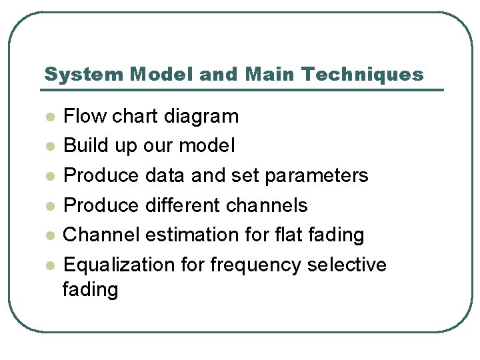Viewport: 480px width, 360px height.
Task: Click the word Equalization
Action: [x=120, y=265]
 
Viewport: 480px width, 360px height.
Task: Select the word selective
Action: [x=347, y=265]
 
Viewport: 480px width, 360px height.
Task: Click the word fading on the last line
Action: [x=90, y=289]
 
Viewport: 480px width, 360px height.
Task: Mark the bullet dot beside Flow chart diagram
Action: [x=48, y=117]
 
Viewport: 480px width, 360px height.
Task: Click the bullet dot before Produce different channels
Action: [x=48, y=205]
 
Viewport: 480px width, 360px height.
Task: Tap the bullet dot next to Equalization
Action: [x=48, y=265]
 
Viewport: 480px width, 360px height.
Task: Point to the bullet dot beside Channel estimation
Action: [x=48, y=235]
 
